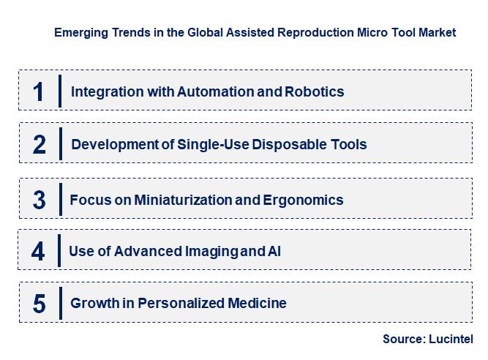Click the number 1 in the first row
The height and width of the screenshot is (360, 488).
[x=39, y=91]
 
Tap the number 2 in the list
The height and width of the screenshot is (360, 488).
[x=40, y=144]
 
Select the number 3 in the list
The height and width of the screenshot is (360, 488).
[x=40, y=200]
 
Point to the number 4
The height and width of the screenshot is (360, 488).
[x=38, y=252]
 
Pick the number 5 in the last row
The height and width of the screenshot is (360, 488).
[x=40, y=303]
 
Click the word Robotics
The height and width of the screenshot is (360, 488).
[x=315, y=92]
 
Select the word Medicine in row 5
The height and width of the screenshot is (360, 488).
[x=258, y=303]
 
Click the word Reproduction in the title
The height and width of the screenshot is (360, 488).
[x=294, y=33]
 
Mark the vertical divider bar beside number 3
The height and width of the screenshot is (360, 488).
[x=60, y=199]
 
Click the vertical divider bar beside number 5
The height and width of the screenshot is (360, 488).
[x=60, y=302]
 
